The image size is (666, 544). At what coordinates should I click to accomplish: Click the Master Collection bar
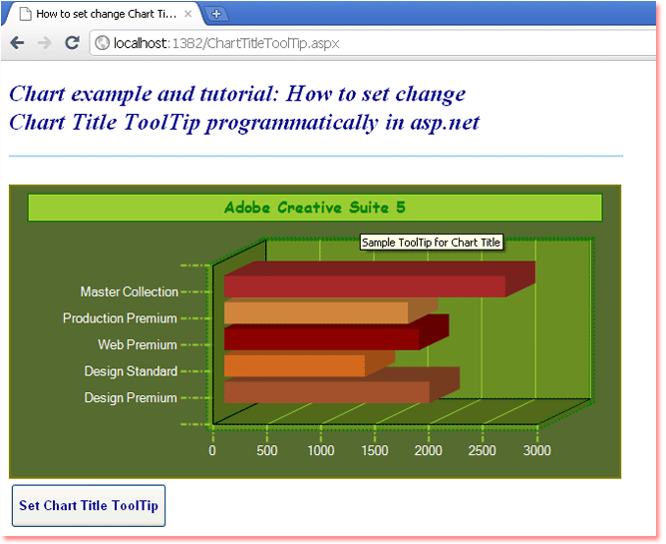365,285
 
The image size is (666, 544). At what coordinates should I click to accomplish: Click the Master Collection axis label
130,291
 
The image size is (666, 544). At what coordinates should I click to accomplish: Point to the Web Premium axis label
138,344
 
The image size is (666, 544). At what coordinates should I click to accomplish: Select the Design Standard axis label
131,371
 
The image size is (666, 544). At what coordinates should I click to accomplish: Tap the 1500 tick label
375,450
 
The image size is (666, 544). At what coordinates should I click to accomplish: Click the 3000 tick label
536,450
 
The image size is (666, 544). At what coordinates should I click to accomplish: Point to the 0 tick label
212,450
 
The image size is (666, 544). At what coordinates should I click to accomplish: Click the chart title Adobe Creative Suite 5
315,208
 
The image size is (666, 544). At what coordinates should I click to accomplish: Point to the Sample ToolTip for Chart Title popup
431,243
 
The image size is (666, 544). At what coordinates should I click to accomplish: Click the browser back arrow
17,43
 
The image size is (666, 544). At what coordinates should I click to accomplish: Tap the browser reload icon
72,43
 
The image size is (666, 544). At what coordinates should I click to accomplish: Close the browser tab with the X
188,14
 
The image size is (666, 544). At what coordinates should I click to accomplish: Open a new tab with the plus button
216,14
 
